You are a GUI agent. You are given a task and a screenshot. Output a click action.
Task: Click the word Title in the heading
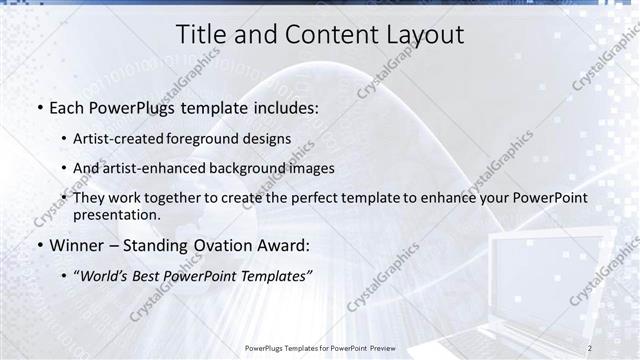(203, 34)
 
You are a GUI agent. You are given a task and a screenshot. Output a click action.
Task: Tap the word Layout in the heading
(420, 34)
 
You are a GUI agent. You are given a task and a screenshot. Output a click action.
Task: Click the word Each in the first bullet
(68, 107)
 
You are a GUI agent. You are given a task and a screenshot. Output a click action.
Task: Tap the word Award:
(283, 244)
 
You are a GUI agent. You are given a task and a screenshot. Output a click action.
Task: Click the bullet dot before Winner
(39, 245)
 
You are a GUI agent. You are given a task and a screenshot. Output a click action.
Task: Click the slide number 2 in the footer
(590, 348)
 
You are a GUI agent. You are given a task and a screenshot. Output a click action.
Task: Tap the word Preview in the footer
(379, 348)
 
